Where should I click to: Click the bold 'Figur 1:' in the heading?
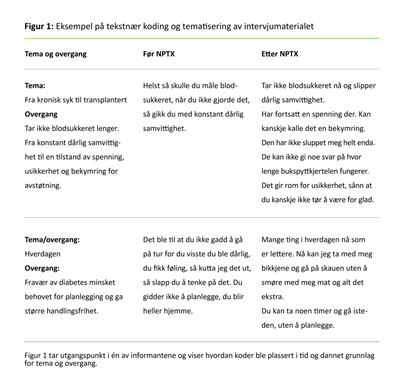tap(39, 26)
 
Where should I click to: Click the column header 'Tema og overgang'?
tap(56, 54)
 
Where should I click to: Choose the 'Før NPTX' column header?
tap(159, 54)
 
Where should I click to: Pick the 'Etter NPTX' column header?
tap(280, 54)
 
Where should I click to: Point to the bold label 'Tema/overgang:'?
tap(52, 240)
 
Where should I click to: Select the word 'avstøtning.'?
tap(43, 185)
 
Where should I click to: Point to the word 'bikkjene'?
tap(275, 268)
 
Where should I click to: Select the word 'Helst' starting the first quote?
tap(151, 86)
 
